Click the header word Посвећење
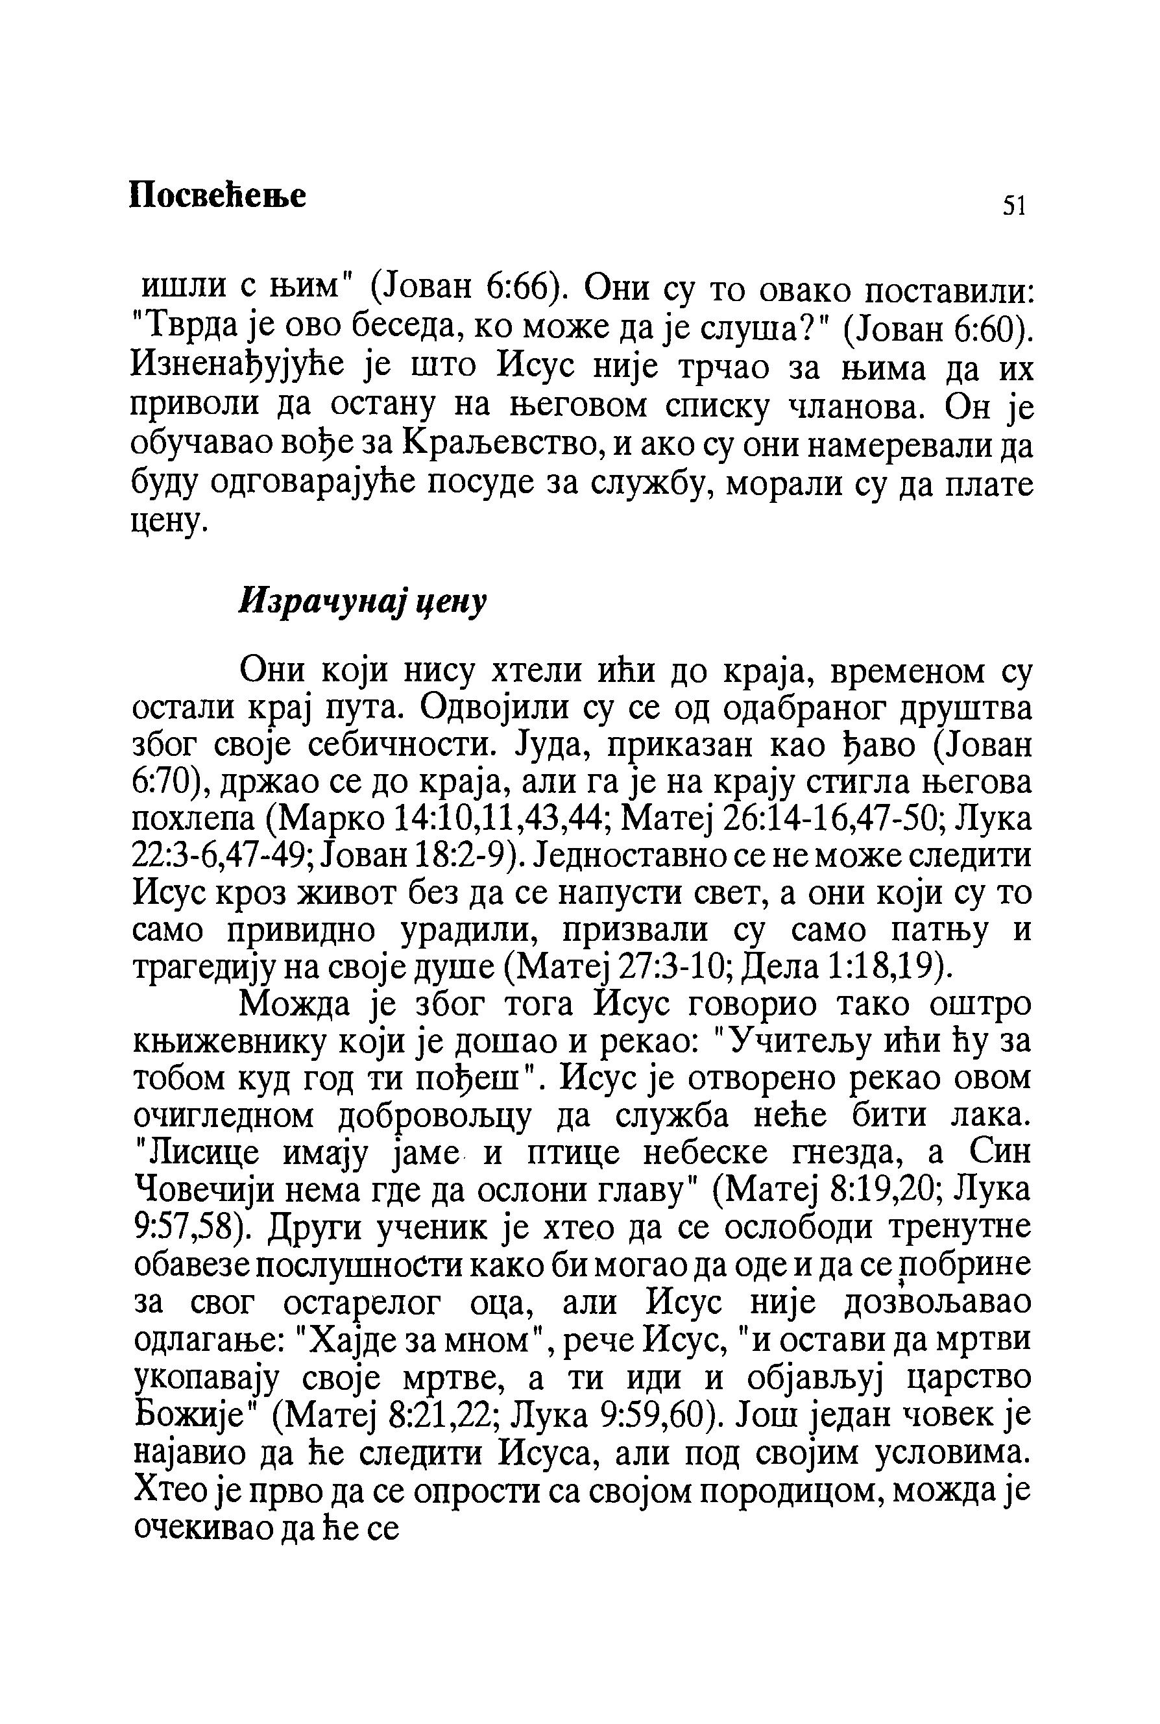coord(217,195)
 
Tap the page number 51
coord(1013,206)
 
